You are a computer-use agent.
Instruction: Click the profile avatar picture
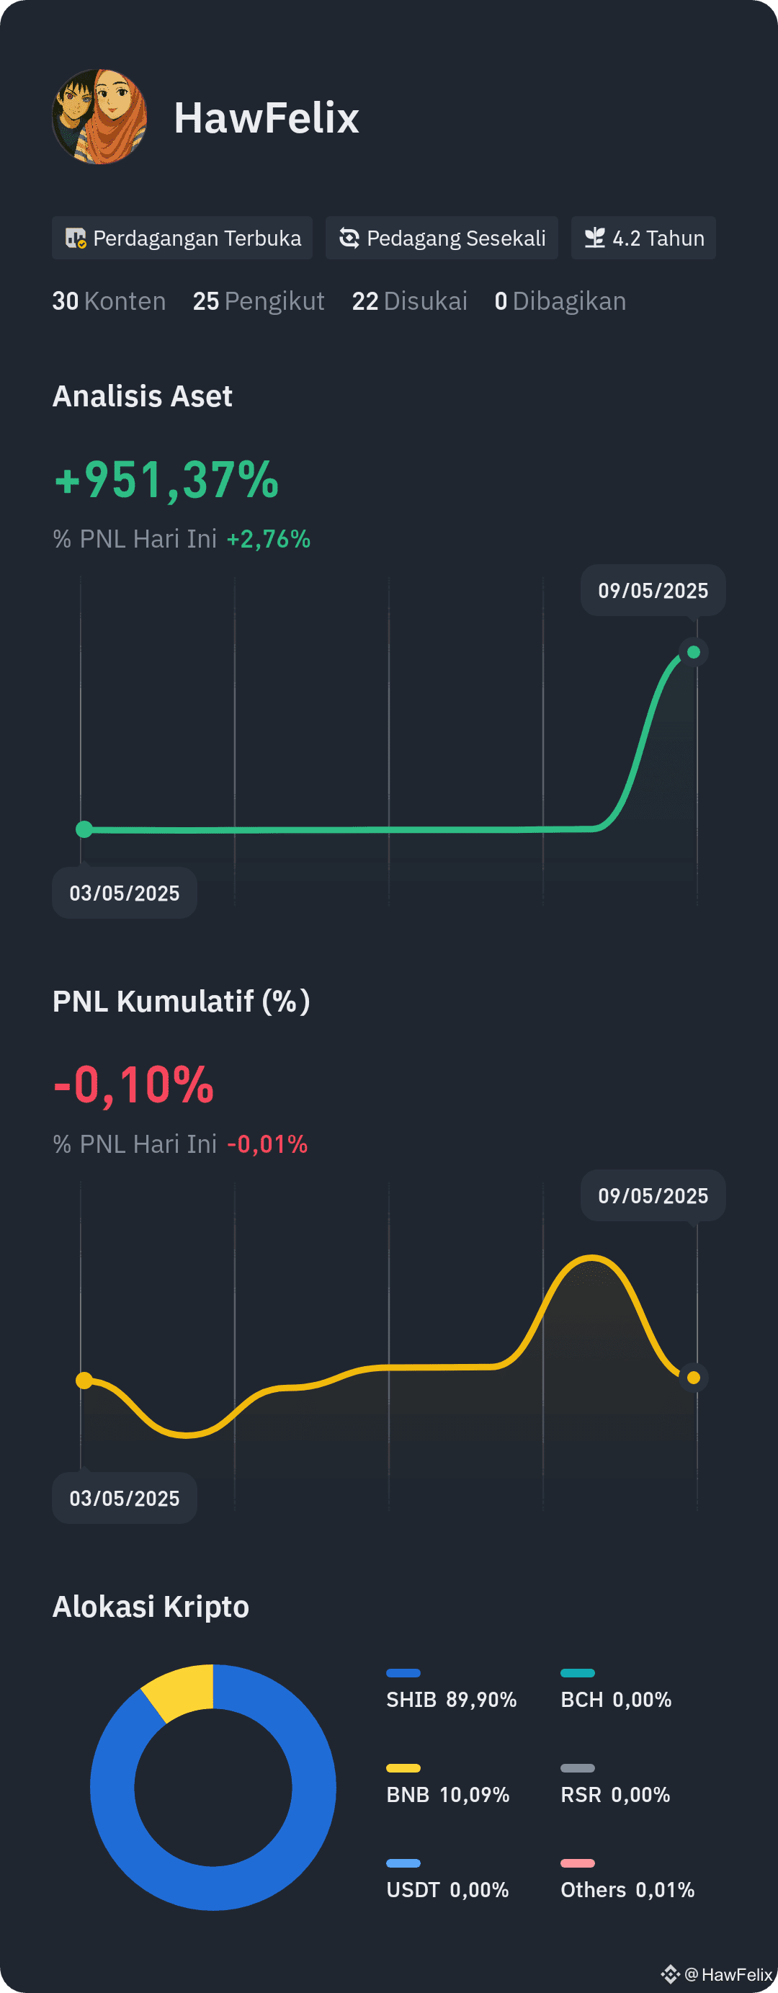pyautogui.click(x=99, y=117)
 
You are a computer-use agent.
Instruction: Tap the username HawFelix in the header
pyautogui.click(x=266, y=118)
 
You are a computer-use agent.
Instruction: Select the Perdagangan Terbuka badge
pyautogui.click(x=182, y=238)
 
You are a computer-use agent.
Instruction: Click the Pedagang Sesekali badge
pyautogui.click(x=442, y=238)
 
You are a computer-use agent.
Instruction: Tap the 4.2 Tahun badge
pyautogui.click(x=643, y=238)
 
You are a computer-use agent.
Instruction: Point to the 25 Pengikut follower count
pyautogui.click(x=259, y=301)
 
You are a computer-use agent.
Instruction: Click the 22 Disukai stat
pyautogui.click(x=409, y=301)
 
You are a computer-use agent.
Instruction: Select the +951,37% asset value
pyautogui.click(x=166, y=480)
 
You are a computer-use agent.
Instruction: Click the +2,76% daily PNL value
pyautogui.click(x=269, y=538)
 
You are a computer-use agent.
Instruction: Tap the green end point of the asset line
pyautogui.click(x=694, y=652)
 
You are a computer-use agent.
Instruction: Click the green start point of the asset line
pyautogui.click(x=84, y=829)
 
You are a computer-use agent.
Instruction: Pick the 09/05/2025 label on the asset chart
pyautogui.click(x=653, y=590)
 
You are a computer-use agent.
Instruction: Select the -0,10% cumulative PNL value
pyautogui.click(x=134, y=1084)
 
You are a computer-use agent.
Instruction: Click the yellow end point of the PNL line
pyautogui.click(x=694, y=1377)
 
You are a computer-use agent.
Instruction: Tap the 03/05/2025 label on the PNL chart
pyautogui.click(x=125, y=1498)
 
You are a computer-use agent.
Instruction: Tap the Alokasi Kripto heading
pyautogui.click(x=151, y=1606)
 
